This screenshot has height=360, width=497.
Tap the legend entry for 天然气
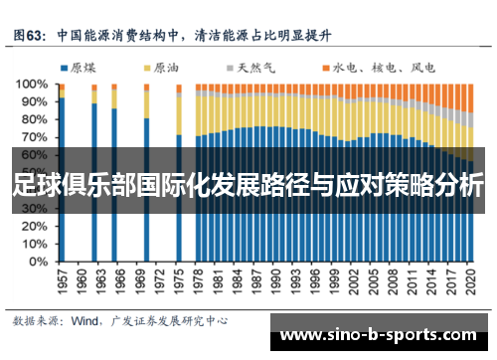point(248,69)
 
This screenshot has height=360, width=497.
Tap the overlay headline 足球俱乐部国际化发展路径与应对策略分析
point(248,186)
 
